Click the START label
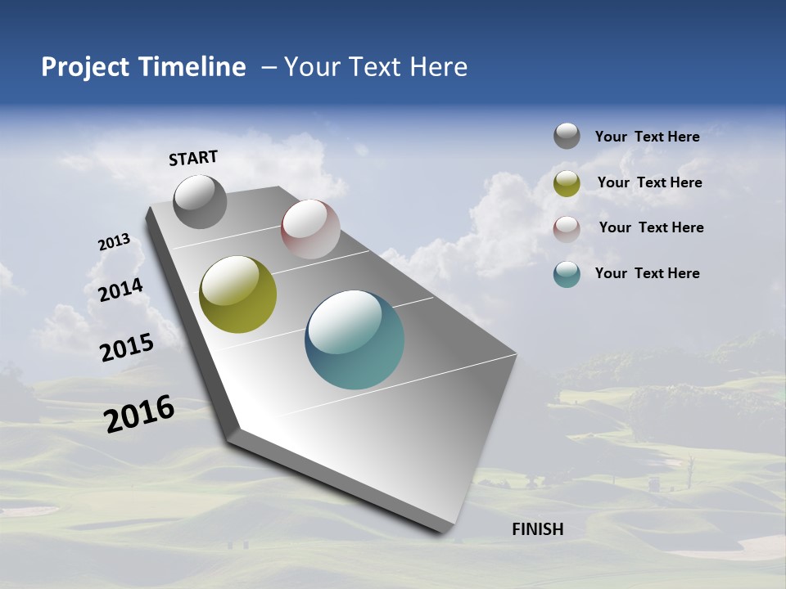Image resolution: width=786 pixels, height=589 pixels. pyautogui.click(x=193, y=158)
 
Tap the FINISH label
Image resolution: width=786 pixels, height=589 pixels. pyautogui.click(x=538, y=529)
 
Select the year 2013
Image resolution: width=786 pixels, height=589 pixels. pyautogui.click(x=114, y=242)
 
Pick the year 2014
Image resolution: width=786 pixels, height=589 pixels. pyautogui.click(x=120, y=290)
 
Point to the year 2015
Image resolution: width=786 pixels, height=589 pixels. pyautogui.click(x=127, y=348)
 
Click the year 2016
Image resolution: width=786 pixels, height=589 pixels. pyautogui.click(x=139, y=414)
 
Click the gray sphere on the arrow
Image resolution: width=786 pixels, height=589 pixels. pyautogui.click(x=201, y=201)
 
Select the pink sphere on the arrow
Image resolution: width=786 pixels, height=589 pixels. pyautogui.click(x=310, y=229)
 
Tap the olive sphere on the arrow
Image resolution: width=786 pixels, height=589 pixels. pyautogui.click(x=238, y=294)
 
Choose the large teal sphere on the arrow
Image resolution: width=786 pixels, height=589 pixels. pyautogui.click(x=355, y=339)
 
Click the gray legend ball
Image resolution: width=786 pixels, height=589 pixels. pyautogui.click(x=567, y=136)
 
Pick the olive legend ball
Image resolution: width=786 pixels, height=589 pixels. pyautogui.click(x=567, y=183)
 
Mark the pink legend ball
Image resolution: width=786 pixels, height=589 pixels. pyautogui.click(x=567, y=229)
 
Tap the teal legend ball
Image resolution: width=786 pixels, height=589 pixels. pyautogui.click(x=567, y=274)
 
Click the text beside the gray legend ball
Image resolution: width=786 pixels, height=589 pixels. pyautogui.click(x=647, y=137)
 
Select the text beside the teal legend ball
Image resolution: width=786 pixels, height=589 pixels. pyautogui.click(x=647, y=273)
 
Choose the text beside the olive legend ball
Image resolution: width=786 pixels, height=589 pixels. pyautogui.click(x=649, y=182)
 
